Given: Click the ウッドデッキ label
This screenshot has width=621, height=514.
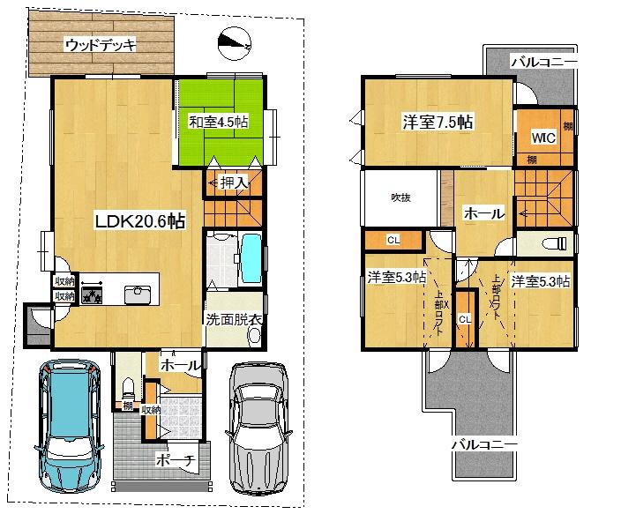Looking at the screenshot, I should [x=100, y=45].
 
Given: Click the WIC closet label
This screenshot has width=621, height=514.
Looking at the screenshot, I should [x=542, y=138].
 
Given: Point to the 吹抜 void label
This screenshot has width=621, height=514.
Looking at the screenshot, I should [x=401, y=197].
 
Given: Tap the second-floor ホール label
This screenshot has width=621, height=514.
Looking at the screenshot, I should [x=483, y=212].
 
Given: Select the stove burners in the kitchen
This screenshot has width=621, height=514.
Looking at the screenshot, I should [x=93, y=294].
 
